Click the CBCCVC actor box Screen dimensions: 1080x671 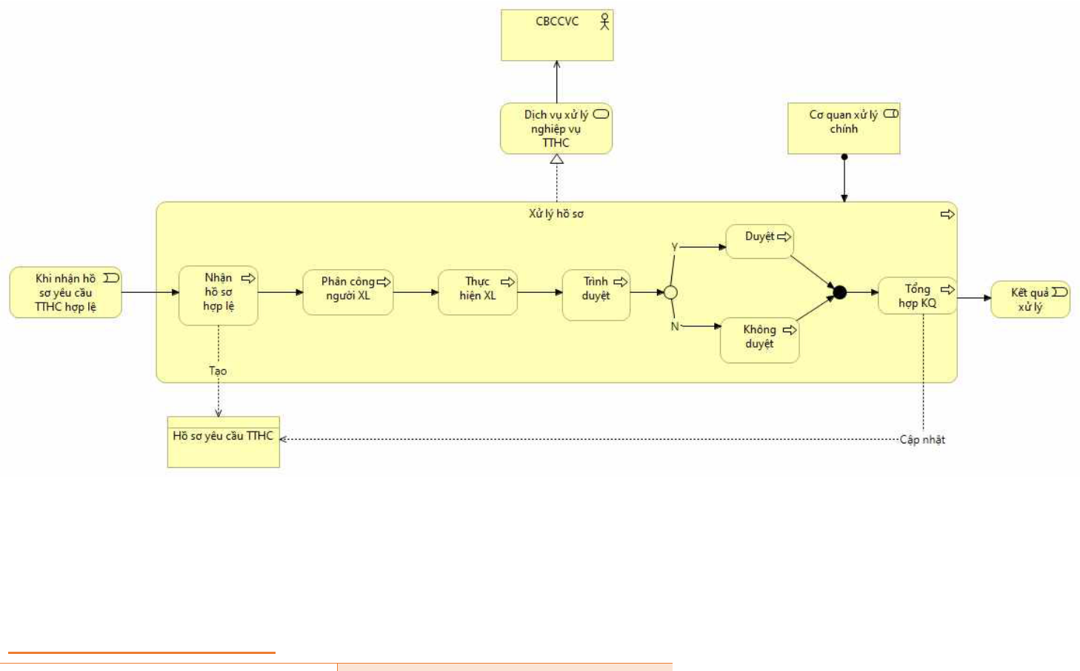point(557,36)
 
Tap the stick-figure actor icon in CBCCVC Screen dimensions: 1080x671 point(604,22)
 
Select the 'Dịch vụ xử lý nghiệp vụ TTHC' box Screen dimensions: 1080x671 point(556,128)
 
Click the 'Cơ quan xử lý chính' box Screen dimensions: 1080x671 point(844,128)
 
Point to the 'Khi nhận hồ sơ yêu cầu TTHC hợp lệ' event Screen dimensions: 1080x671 point(66,292)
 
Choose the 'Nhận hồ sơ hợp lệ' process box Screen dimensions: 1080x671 point(219,295)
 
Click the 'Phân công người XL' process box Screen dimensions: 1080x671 point(348,292)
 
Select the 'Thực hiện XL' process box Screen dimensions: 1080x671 point(478,292)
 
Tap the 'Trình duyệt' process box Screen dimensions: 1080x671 point(596,295)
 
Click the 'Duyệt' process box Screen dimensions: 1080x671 point(759,242)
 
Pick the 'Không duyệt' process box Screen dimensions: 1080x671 point(759,340)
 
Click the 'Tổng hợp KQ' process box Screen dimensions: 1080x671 point(918,295)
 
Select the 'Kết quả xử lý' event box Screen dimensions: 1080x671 point(1030,300)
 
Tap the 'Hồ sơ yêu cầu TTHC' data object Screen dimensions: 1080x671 point(223,442)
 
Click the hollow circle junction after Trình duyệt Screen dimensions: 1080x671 point(670,293)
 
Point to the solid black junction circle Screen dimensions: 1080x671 point(840,292)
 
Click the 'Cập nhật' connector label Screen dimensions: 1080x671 point(922,440)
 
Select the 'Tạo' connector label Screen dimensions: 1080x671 point(218,371)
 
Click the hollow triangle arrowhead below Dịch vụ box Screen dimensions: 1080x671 point(557,159)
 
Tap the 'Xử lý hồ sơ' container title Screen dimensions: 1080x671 point(556,214)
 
